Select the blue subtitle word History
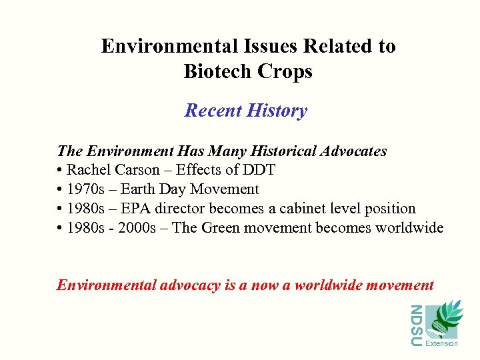click(277, 110)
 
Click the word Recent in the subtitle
click(213, 110)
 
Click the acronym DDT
click(260, 170)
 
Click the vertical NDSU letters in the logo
click(416, 325)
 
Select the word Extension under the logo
click(441, 344)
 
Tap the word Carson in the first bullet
click(137, 170)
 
